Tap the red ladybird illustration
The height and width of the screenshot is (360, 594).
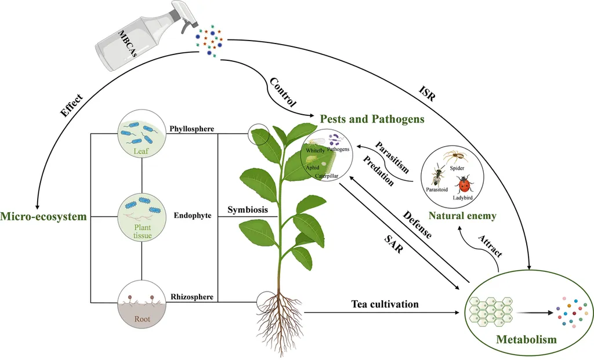[463, 185]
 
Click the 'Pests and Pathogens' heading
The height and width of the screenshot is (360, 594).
[372, 119]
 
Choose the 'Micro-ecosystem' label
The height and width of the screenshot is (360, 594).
[43, 217]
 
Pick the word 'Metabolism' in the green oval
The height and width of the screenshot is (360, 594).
[527, 339]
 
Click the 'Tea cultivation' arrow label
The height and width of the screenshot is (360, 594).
[385, 304]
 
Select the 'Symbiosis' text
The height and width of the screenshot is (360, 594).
[248, 210]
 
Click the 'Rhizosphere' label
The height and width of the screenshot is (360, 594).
[193, 297]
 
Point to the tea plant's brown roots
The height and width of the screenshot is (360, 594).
[280, 316]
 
